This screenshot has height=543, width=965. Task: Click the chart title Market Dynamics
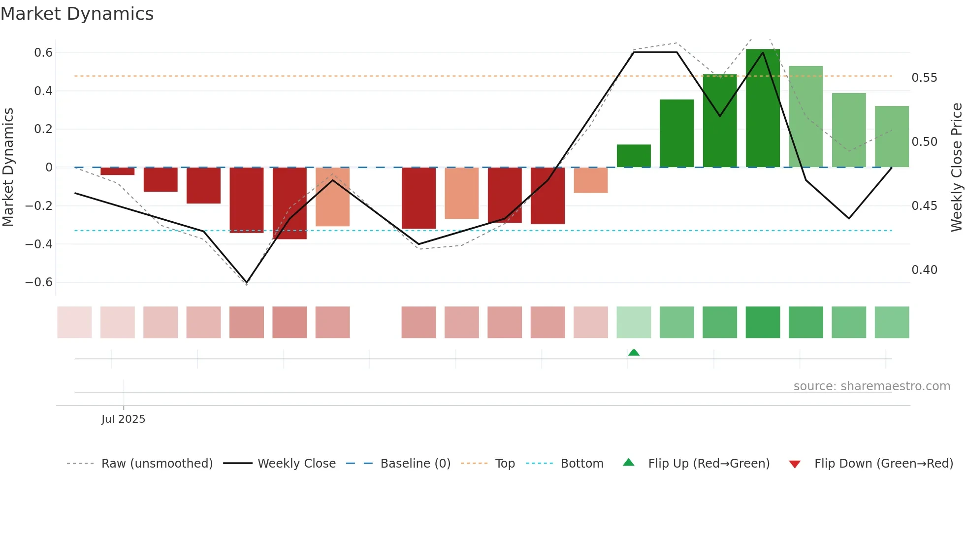click(x=77, y=14)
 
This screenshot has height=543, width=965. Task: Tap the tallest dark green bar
click(x=763, y=108)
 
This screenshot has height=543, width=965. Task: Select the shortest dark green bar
click(x=634, y=156)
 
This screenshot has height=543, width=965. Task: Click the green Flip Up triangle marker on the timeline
click(x=634, y=352)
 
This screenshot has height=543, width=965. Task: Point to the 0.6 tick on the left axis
click(x=43, y=53)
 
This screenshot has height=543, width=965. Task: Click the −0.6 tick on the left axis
click(x=39, y=282)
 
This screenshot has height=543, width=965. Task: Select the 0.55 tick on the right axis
click(x=924, y=78)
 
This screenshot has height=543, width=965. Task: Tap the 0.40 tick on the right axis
click(x=924, y=270)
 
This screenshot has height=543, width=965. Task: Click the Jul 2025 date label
click(x=123, y=419)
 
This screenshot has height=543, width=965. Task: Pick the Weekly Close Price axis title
click(x=956, y=168)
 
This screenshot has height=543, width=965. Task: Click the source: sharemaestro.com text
click(x=871, y=386)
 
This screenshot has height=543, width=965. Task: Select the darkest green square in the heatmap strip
click(x=763, y=322)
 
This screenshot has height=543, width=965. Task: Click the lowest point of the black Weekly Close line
click(x=247, y=282)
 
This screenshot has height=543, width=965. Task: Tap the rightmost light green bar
click(x=892, y=136)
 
